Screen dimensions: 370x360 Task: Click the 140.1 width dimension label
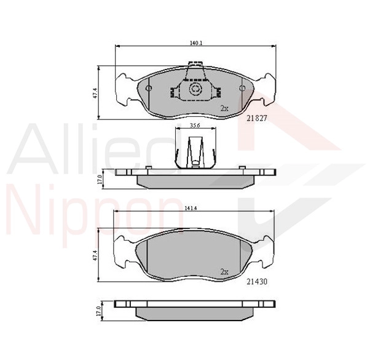(x=195, y=43)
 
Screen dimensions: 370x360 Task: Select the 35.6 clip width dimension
(x=195, y=126)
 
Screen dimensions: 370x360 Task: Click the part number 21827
(x=257, y=118)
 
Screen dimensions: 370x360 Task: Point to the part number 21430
(x=257, y=282)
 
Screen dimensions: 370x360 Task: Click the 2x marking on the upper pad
(x=224, y=108)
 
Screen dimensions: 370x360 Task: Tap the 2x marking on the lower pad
(x=224, y=272)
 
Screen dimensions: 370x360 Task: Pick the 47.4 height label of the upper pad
(x=95, y=93)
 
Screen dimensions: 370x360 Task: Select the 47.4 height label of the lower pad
(x=95, y=255)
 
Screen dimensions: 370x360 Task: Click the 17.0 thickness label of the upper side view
(x=100, y=179)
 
